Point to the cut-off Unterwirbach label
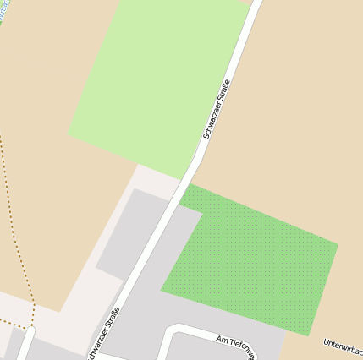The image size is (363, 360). [344, 347]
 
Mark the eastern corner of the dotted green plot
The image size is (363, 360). [338, 246]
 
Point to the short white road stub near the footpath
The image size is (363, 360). [25, 344]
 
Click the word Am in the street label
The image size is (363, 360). [222, 341]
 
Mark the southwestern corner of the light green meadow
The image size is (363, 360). [69, 138]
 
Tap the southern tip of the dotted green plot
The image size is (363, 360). [309, 335]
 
